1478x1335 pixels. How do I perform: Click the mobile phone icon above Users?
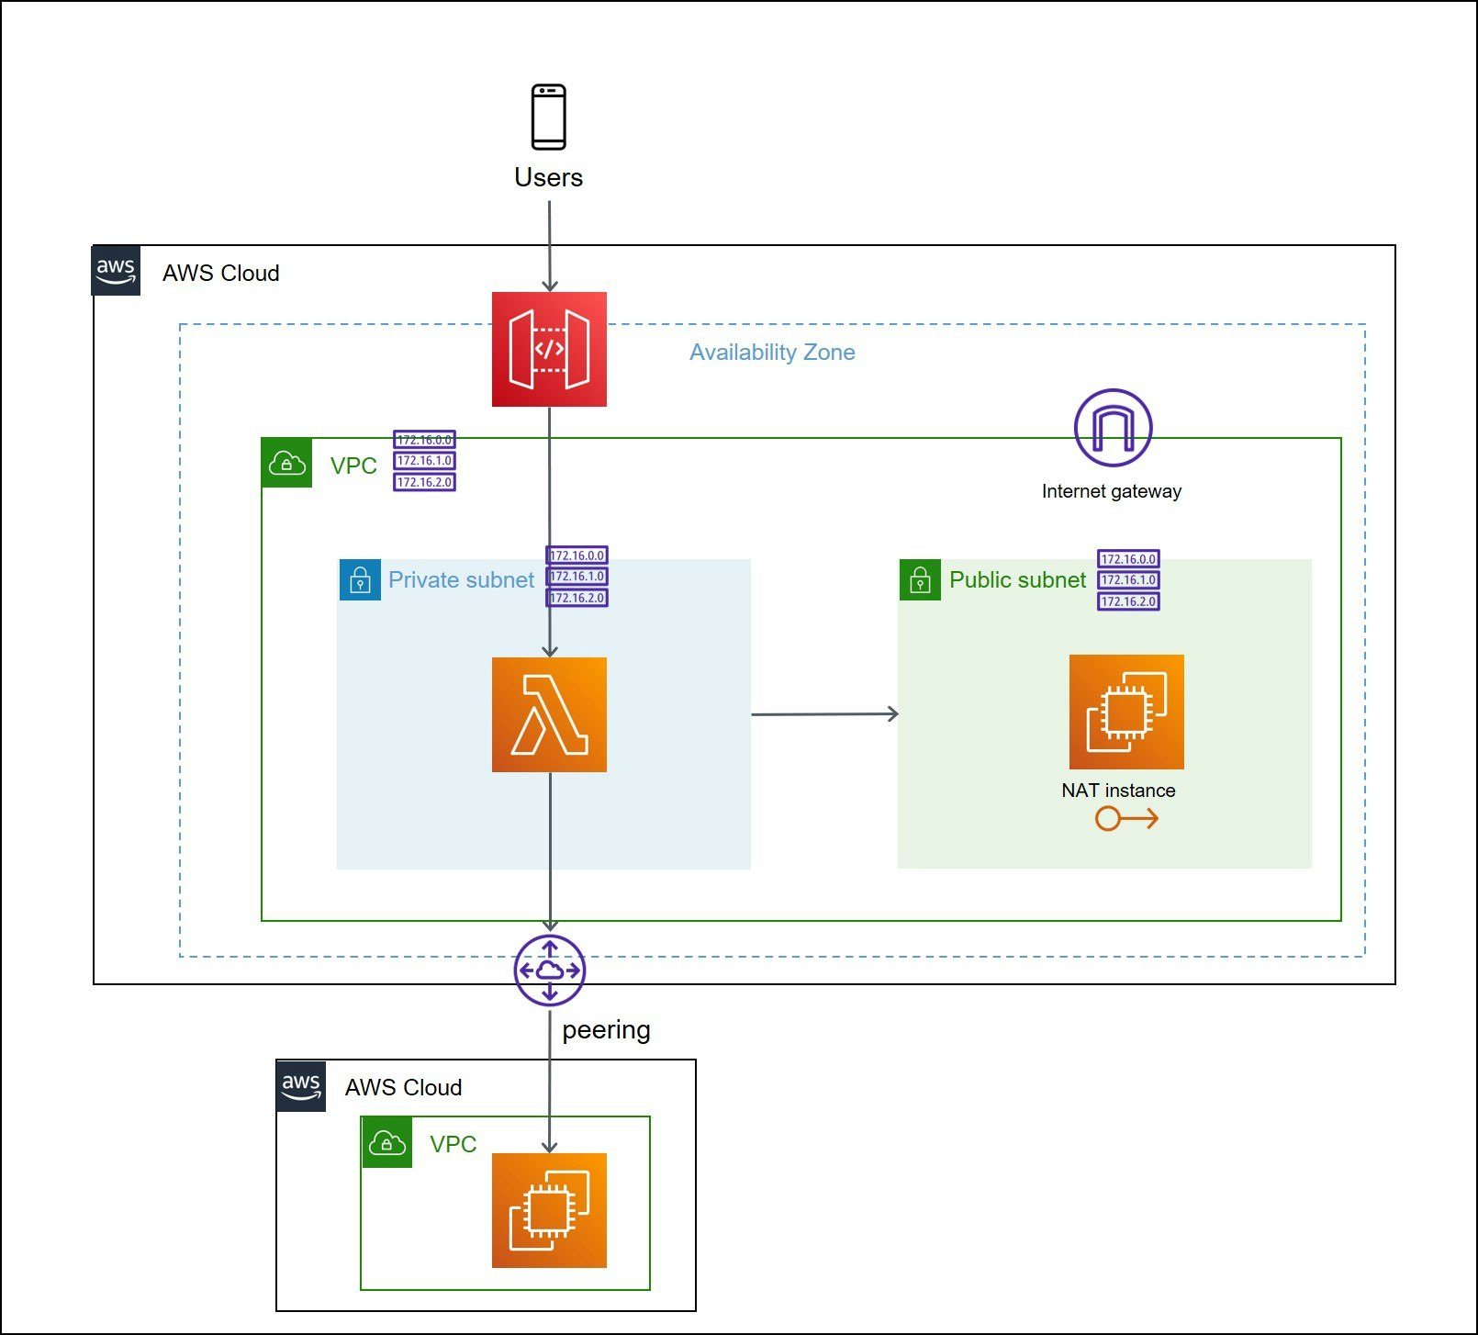coord(549,117)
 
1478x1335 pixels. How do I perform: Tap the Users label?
coord(548,177)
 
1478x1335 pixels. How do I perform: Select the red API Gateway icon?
coord(549,349)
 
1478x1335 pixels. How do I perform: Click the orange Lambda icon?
coord(549,714)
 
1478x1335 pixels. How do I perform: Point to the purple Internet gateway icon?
coord(1113,428)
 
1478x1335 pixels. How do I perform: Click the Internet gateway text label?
coord(1111,491)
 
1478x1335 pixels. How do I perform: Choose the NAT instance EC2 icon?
coord(1126,712)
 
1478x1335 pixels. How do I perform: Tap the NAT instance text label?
coord(1118,791)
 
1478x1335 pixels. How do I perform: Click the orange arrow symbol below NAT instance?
coord(1126,818)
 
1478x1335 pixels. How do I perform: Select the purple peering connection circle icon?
coord(549,970)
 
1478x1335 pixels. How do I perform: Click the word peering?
coord(606,1030)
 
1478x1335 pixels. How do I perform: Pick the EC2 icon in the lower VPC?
coord(549,1210)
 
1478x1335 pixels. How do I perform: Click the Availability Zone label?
coord(772,353)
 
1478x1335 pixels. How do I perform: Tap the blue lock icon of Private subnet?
coord(360,580)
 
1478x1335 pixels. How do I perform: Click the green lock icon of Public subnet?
coord(920,580)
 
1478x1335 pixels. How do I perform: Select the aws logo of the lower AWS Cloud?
coord(301,1086)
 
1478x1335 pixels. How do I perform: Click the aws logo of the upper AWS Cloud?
coord(116,271)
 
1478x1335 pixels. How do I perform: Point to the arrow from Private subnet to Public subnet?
coord(823,714)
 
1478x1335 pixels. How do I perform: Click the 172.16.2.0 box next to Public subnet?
coord(1128,601)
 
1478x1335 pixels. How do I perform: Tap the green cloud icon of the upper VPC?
coord(286,463)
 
